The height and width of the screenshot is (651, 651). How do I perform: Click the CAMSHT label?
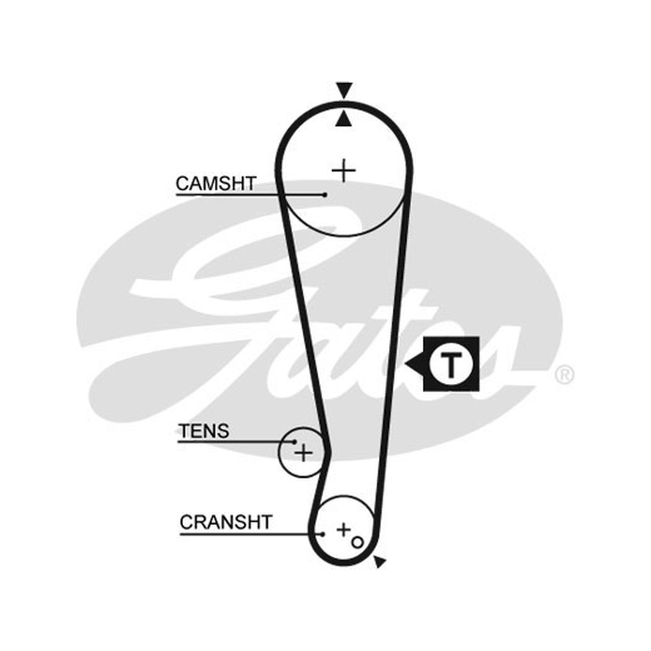[x=216, y=184]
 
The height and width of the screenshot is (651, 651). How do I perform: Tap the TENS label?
[x=203, y=431]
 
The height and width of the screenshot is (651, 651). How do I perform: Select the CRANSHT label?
[x=226, y=522]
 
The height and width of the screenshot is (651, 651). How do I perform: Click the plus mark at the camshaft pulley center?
[x=343, y=171]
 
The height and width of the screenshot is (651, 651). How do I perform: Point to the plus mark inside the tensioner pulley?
[x=304, y=452]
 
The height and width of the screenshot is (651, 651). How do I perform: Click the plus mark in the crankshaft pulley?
[x=343, y=530]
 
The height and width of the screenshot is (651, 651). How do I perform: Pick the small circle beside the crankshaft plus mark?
[x=357, y=542]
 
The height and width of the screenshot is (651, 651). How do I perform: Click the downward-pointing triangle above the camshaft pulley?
[x=344, y=91]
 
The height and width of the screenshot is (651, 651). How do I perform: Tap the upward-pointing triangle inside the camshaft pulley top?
[x=343, y=119]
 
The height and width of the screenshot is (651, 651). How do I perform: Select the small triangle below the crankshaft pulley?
[x=379, y=561]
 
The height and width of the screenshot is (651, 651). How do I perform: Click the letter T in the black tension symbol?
[x=451, y=364]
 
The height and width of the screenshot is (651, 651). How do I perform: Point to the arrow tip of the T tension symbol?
[x=405, y=365]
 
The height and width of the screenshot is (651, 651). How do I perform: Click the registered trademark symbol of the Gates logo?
[x=565, y=375]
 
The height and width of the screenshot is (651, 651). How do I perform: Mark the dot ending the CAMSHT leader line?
[x=325, y=194]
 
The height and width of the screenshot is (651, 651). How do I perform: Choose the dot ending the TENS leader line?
[x=295, y=442]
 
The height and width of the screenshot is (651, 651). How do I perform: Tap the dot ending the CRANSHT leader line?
[x=322, y=534]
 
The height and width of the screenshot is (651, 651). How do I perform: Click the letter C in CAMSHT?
[x=182, y=184]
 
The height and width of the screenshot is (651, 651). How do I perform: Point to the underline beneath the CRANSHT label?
[x=251, y=534]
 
